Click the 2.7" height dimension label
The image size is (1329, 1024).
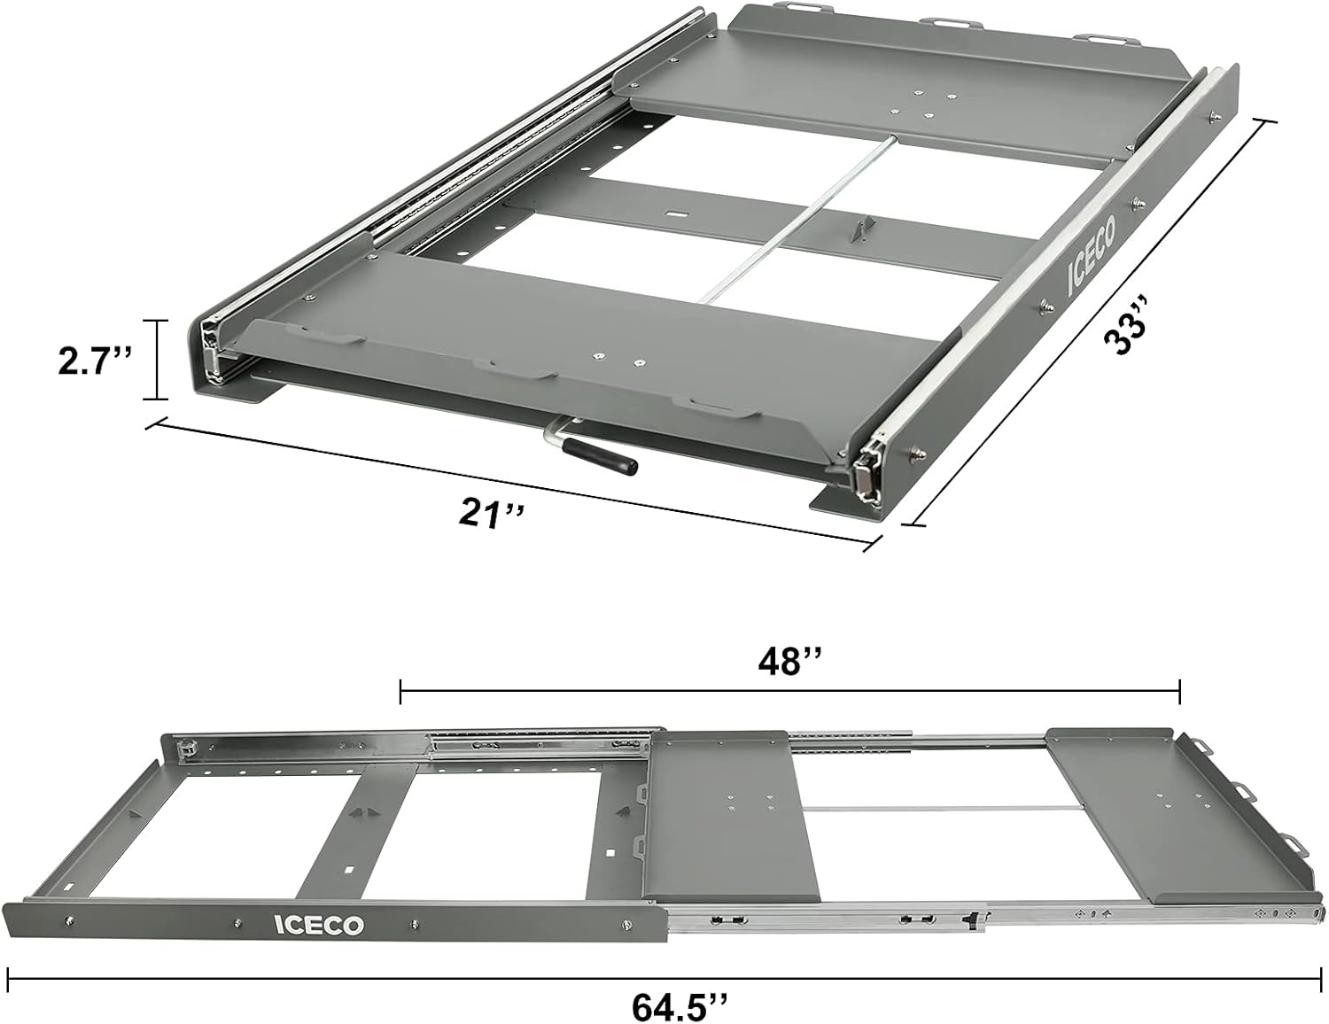click(95, 361)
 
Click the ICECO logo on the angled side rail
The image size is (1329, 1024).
click(1092, 257)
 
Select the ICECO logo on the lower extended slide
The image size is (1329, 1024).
click(318, 925)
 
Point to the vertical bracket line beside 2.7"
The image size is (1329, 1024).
click(159, 360)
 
